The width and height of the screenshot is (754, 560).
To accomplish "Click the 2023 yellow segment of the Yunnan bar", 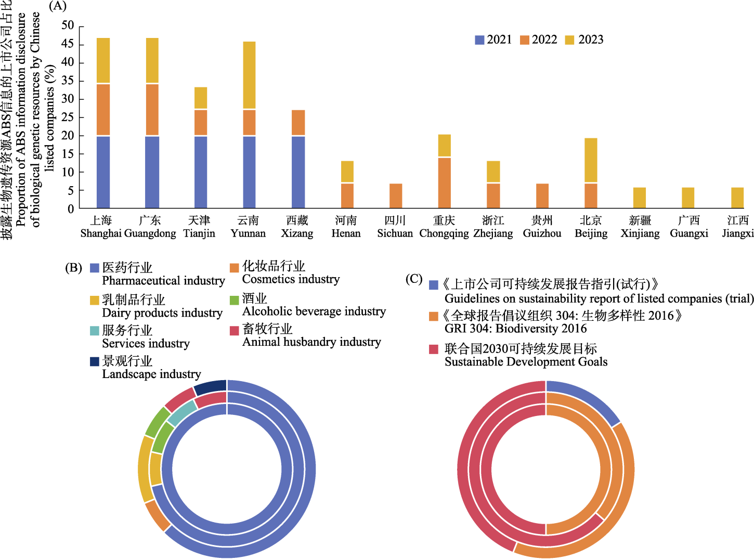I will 249,75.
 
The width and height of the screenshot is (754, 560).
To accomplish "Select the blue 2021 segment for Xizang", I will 298,172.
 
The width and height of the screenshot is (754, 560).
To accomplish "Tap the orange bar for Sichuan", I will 396,196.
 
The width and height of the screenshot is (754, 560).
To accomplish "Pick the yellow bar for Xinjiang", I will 640,198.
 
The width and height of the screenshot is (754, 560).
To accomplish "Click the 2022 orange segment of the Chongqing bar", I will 444,182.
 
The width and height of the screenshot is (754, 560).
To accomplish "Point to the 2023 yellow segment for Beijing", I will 591,160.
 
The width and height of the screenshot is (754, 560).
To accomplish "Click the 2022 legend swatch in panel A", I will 524,40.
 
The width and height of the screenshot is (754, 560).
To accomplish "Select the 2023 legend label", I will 591,40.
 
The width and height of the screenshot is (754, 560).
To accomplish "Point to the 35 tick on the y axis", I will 68,81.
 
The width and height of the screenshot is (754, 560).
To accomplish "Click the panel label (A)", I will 57,6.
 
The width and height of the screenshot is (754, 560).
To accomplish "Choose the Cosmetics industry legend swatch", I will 235,268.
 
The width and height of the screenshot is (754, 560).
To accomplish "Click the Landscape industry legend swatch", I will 94,361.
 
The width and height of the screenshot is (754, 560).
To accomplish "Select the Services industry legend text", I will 146,343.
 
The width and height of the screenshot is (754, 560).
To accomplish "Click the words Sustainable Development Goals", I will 526,362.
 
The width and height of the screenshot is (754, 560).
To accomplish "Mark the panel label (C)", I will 414,279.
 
